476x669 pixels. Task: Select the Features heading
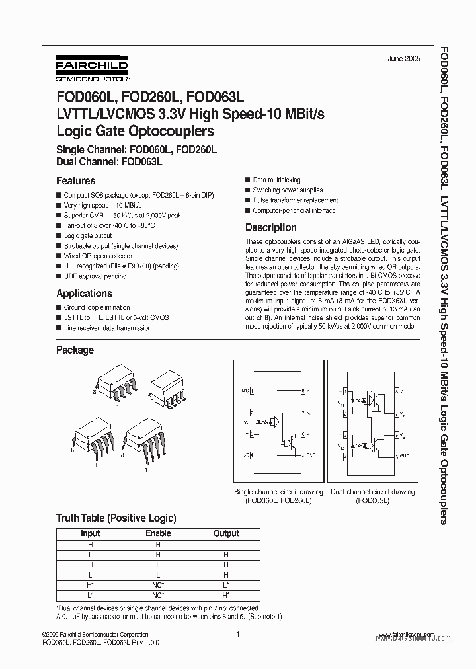coord(75,180)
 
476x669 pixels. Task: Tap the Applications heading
coord(84,293)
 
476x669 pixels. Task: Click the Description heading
coord(271,227)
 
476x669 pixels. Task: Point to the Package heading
coord(75,350)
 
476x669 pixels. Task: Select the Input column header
coord(90,533)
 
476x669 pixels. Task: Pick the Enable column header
coord(158,533)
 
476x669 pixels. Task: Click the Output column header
coord(226,533)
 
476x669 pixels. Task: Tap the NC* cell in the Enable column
coord(158,586)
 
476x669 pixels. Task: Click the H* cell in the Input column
coord(90,586)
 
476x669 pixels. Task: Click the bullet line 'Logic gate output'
coord(88,235)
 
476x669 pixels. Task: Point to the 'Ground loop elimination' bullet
coord(98,307)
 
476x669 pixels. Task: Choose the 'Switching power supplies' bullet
coord(288,190)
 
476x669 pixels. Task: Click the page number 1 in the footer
coord(237,635)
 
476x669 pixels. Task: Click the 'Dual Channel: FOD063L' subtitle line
coord(109,161)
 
